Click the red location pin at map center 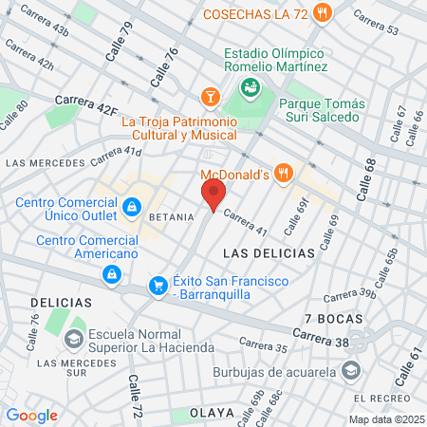(213, 195)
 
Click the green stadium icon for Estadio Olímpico (251, 88)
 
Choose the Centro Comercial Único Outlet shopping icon (131, 206)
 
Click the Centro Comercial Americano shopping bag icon (112, 275)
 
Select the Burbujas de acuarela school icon (352, 370)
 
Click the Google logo (31, 416)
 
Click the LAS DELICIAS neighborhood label (268, 254)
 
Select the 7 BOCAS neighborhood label (329, 316)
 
